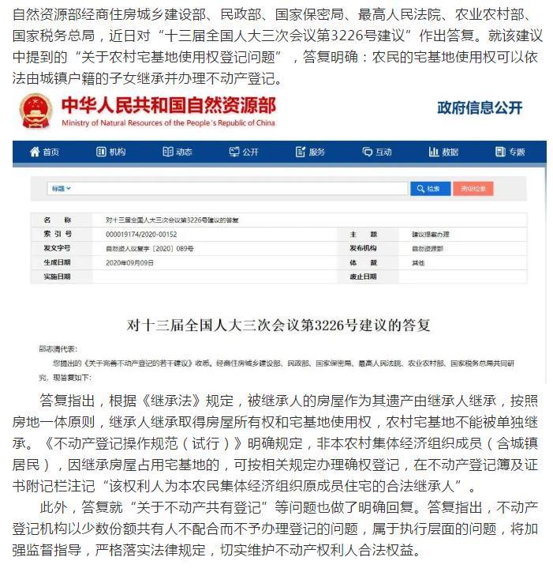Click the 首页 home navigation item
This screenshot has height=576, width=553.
tap(44, 152)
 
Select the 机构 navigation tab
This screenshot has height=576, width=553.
tap(110, 152)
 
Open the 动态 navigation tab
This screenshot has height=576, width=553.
tap(177, 152)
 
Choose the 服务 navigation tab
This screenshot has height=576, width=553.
tap(310, 152)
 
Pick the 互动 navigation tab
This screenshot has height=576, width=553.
tap(377, 152)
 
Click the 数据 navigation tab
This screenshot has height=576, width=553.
tap(443, 152)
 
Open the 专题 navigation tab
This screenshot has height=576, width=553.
tap(510, 152)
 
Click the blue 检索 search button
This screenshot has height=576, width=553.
tap(430, 189)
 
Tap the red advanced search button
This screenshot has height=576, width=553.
tap(474, 189)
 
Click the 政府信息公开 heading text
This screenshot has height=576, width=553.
tap(480, 108)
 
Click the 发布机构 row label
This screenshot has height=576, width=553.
tap(364, 248)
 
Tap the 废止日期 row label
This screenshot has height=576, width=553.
tap(364, 277)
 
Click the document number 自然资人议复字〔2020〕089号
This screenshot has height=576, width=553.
tap(149, 248)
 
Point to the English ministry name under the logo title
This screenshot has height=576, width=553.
tap(167, 123)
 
